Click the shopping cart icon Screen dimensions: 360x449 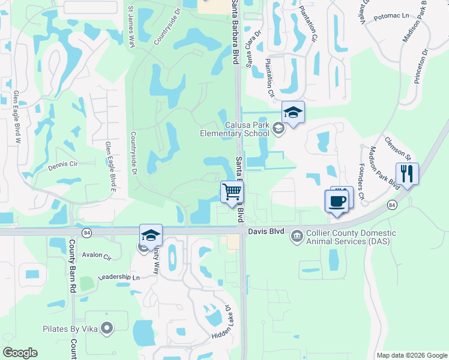point(232,192)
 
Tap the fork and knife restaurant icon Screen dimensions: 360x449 point(407,174)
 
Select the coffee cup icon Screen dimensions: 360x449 point(337,201)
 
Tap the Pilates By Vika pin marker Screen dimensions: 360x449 point(107,328)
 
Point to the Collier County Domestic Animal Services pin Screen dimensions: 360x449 point(297,236)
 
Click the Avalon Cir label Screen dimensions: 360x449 point(97,256)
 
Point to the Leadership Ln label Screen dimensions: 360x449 point(119,278)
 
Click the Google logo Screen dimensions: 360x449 point(20,353)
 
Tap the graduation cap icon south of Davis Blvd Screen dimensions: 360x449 point(151,235)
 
